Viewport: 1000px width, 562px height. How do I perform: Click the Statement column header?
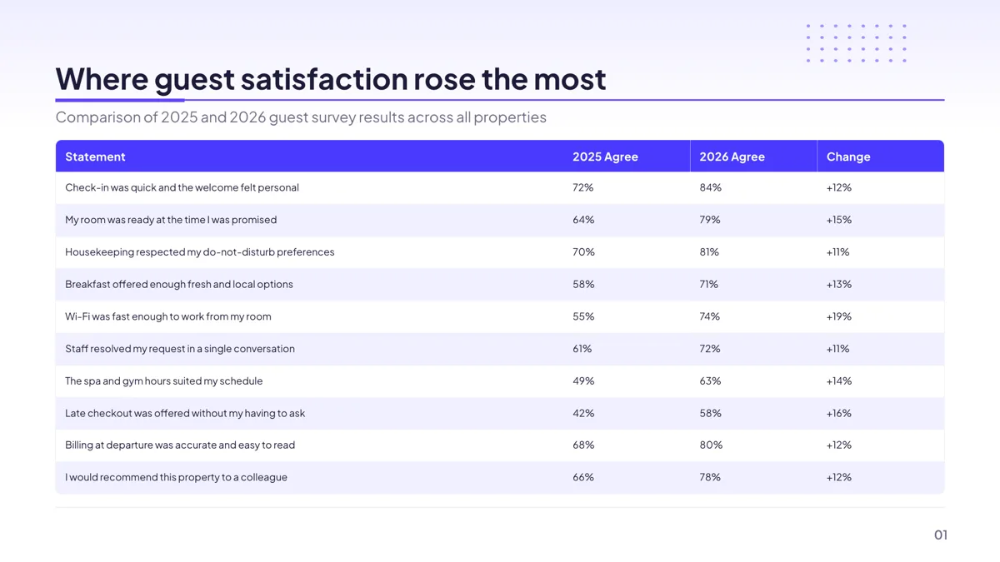[x=95, y=157]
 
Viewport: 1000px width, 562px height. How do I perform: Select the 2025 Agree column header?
[x=605, y=157]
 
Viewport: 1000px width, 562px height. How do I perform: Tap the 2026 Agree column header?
[x=732, y=157]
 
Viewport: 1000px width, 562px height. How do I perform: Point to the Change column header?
[x=848, y=157]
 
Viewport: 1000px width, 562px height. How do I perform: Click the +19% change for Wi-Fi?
[x=839, y=316]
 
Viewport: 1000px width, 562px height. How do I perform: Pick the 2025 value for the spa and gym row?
[x=583, y=381]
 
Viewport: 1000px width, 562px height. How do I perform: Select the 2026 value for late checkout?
[x=710, y=413]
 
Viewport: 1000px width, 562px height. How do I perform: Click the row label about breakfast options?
[x=179, y=284]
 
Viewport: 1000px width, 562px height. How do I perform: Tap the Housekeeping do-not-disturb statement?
[x=199, y=252]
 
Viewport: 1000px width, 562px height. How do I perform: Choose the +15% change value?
[x=839, y=220]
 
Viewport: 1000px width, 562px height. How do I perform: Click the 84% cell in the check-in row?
[x=710, y=187]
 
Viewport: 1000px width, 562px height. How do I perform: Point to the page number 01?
[x=941, y=535]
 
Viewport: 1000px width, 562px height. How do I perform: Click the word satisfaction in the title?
[x=324, y=79]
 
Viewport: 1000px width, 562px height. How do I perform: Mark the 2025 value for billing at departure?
[x=583, y=445]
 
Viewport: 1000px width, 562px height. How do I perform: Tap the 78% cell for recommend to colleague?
[x=710, y=477]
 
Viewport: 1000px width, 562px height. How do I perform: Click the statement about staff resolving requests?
[x=180, y=348]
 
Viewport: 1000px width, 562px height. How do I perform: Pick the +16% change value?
[x=839, y=413]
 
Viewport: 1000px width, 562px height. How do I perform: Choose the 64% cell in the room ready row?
[x=583, y=220]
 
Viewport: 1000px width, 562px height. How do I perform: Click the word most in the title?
[x=570, y=79]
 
